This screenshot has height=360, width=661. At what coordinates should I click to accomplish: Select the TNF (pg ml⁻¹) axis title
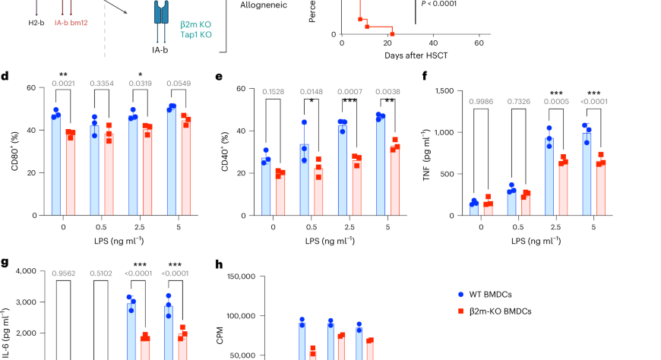(425, 153)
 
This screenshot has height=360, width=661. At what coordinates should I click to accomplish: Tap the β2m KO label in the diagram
(176, 26)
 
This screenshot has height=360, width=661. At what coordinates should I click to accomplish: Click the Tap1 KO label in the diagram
(176, 36)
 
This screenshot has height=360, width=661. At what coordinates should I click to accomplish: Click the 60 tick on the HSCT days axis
(479, 43)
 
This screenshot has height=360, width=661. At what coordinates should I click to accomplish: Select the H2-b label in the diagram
(14, 25)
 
